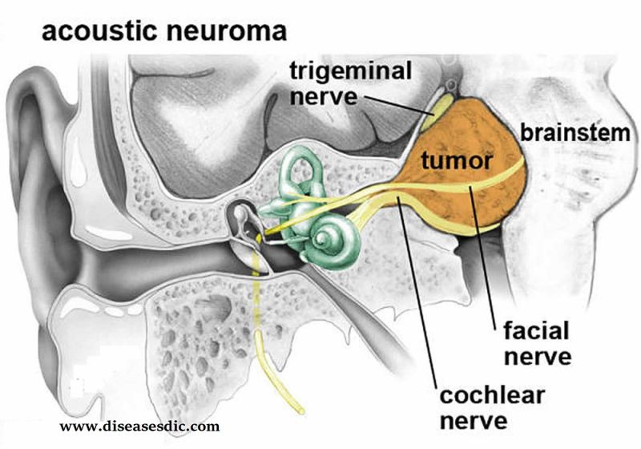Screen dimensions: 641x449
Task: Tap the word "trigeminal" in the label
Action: tap(351, 72)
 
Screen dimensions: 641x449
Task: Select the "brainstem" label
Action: tap(575, 133)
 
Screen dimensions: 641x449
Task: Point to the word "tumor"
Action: tap(456, 160)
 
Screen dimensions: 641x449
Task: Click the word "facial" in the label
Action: tap(536, 330)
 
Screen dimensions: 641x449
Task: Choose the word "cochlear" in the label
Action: tap(492, 395)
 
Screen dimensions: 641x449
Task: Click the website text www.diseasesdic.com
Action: tap(139, 427)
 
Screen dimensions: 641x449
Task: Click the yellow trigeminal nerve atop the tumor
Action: tap(436, 109)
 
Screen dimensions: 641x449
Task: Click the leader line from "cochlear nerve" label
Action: tap(417, 291)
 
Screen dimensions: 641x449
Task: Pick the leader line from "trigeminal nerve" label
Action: tap(398, 105)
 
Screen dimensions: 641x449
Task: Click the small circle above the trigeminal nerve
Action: tap(450, 86)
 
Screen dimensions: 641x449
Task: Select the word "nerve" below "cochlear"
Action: tap(474, 421)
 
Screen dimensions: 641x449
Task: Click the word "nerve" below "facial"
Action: tap(538, 356)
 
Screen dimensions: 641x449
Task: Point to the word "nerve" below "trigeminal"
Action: tap(324, 97)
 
